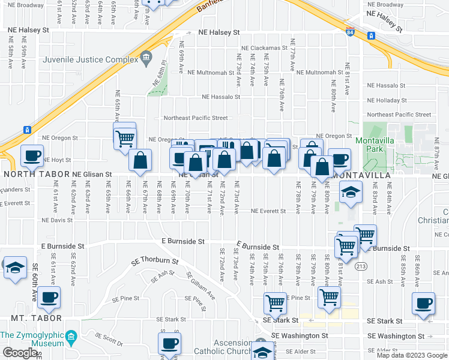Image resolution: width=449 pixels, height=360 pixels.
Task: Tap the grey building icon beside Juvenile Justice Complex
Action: pos(146,59)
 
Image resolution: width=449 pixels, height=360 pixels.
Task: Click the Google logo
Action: pos(20,353)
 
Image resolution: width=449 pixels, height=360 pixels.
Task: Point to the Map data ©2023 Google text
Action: pos(411,355)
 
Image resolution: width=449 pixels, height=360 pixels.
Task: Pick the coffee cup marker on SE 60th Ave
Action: pos(49,296)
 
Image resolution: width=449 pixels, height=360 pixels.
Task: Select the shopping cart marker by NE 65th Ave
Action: pos(125,138)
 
